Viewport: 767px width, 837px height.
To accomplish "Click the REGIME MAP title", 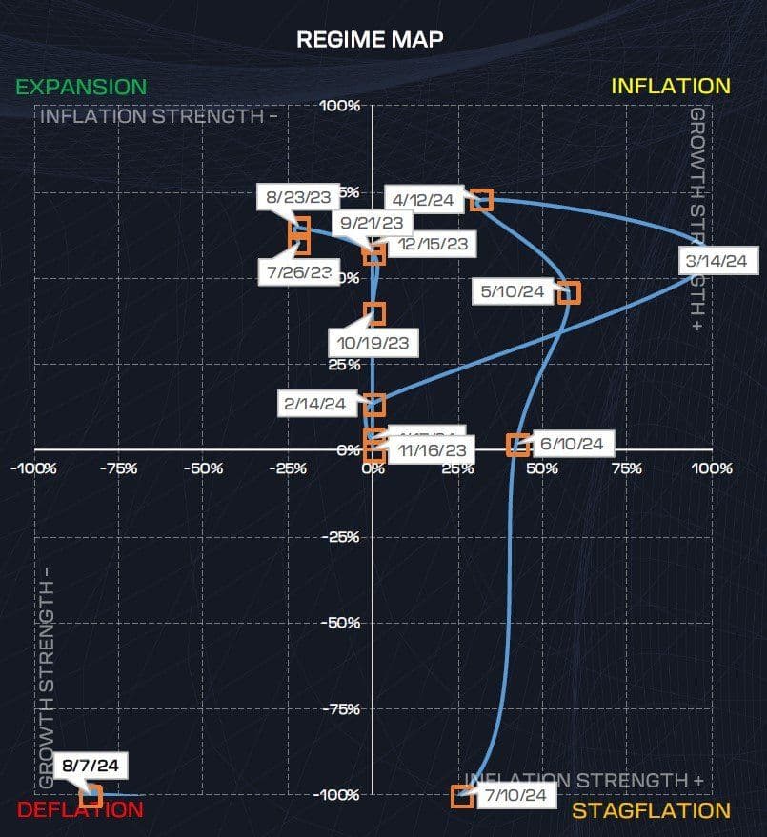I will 370,39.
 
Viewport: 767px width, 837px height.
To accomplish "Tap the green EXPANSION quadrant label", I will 81,87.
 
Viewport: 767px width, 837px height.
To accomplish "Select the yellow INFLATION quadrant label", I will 670,86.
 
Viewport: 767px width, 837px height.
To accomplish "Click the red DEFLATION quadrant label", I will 80,810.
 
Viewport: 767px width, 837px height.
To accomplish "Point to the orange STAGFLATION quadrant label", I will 651,810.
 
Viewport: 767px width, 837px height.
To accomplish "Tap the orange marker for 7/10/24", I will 462,796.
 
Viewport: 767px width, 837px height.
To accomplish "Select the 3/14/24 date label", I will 715,261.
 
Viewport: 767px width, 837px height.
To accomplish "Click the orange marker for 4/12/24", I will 482,200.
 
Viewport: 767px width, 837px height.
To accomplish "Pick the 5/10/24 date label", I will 513,291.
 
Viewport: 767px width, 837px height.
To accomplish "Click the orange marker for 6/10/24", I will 517,445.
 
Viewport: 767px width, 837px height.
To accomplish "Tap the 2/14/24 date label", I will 314,404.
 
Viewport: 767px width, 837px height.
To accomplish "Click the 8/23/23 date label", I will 299,197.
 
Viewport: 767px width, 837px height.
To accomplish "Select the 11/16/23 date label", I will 434,450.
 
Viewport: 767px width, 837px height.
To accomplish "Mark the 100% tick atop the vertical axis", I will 340,106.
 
